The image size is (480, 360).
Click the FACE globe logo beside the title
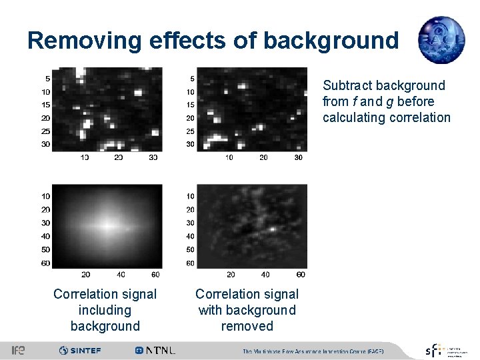click(441, 40)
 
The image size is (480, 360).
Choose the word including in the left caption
click(105, 310)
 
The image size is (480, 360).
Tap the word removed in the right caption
click(247, 326)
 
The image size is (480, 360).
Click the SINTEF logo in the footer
click(80, 350)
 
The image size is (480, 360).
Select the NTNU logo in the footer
click(155, 350)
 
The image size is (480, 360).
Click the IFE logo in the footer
click(18, 350)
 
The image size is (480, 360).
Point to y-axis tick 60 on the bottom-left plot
click(46, 263)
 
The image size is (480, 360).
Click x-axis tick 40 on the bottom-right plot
click(265, 275)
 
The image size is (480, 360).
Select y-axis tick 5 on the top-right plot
click(192, 79)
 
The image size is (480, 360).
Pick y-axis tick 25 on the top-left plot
click(46, 131)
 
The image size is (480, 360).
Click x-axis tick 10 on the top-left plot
click(85, 157)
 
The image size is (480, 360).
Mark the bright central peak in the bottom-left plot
click(107, 224)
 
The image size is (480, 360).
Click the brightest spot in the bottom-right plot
click(273, 228)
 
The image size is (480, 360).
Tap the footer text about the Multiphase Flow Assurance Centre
click(313, 351)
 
